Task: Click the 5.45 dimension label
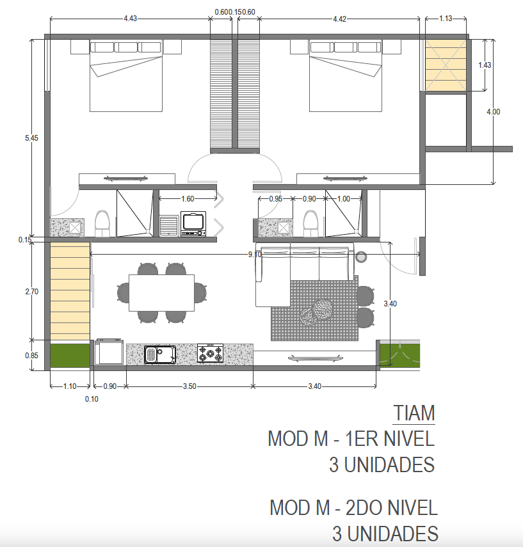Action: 31,138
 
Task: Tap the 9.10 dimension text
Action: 255,255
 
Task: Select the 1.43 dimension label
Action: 485,65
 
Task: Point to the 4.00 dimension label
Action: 494,112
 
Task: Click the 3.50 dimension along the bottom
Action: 189,386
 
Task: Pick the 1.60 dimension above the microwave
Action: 188,199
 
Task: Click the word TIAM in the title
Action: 414,413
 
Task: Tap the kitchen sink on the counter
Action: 160,354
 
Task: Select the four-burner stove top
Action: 210,353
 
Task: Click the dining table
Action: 162,292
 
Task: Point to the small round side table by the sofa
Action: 361,257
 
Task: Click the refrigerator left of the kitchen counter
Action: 109,352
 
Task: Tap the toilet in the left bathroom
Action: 102,224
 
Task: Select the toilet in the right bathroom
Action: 310,224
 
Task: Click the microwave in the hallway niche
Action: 193,224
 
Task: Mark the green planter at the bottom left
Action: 70,356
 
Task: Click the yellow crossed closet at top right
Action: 446,66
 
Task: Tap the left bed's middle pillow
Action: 125,47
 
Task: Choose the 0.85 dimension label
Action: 31,356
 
